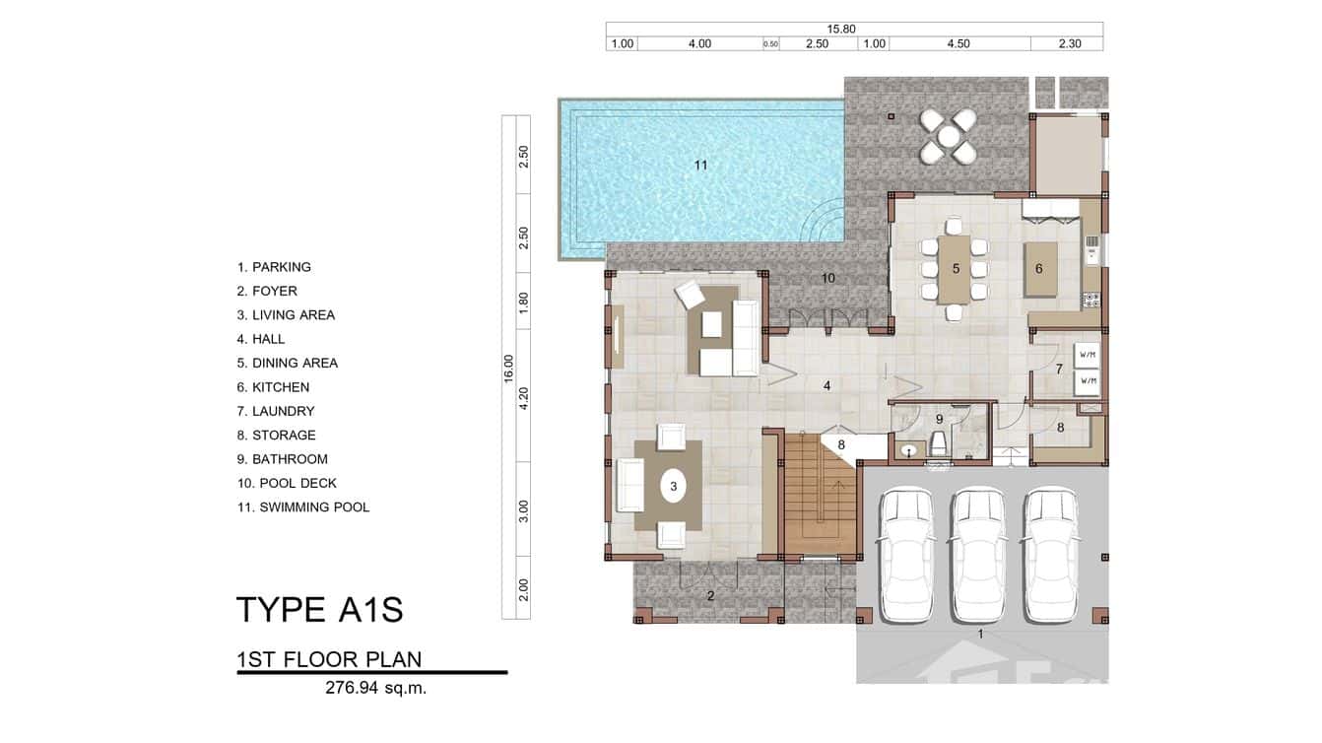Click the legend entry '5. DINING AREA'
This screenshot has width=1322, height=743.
pyautogui.click(x=287, y=363)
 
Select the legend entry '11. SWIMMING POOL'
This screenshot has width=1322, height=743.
pyautogui.click(x=303, y=507)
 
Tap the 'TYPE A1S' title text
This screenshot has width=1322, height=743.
pyautogui.click(x=319, y=610)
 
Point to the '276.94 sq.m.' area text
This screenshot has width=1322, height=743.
pyautogui.click(x=375, y=688)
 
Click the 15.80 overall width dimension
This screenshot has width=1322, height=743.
pyautogui.click(x=840, y=29)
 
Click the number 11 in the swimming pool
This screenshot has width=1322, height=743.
pyautogui.click(x=700, y=165)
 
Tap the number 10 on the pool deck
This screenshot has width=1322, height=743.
pyautogui.click(x=827, y=279)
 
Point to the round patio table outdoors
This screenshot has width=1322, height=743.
pyautogui.click(x=948, y=137)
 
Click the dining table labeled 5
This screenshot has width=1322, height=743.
pyautogui.click(x=954, y=269)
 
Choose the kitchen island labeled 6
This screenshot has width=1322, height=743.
pyautogui.click(x=1038, y=269)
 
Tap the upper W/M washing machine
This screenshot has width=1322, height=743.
pyautogui.click(x=1088, y=355)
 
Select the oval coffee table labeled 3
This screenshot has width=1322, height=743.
pyautogui.click(x=674, y=486)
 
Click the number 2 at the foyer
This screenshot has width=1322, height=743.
pyautogui.click(x=710, y=595)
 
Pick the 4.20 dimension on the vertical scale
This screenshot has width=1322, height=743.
pyautogui.click(x=524, y=398)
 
